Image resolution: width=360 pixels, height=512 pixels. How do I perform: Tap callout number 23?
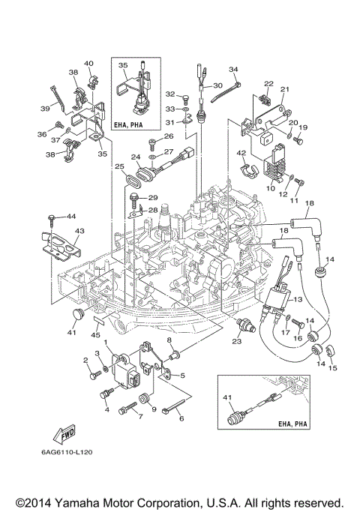pyautogui.click(x=236, y=342)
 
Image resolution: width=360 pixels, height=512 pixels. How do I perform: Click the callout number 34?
pyautogui.click(x=233, y=69)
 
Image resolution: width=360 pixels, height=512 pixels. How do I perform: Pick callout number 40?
pyautogui.click(x=88, y=63)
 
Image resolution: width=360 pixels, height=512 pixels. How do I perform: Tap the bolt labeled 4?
pyautogui.click(x=103, y=391)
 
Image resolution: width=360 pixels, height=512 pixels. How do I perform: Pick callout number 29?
pyautogui.click(x=153, y=198)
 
